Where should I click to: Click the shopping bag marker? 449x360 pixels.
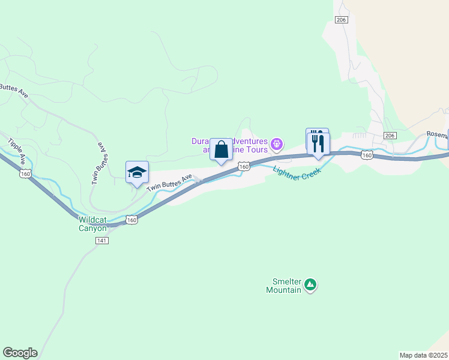(221, 150)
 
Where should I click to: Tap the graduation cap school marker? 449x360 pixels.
(137, 173)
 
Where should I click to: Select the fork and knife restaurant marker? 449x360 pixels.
(318, 143)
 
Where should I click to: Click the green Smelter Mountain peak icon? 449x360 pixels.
(310, 285)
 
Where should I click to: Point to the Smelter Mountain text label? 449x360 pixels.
(285, 285)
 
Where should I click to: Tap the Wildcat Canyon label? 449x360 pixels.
(92, 223)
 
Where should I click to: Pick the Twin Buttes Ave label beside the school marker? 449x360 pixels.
(169, 182)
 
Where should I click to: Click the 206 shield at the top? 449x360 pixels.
(342, 20)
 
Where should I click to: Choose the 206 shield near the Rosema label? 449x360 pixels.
(390, 136)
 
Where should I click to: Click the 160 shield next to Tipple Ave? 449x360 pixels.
(25, 174)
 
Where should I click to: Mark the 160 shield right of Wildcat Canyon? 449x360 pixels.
(132, 220)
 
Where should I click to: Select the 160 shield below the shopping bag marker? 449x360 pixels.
(244, 166)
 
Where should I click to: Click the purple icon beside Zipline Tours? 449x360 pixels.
(276, 143)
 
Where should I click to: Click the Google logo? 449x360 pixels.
(20, 353)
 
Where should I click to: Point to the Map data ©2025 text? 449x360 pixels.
(424, 355)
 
